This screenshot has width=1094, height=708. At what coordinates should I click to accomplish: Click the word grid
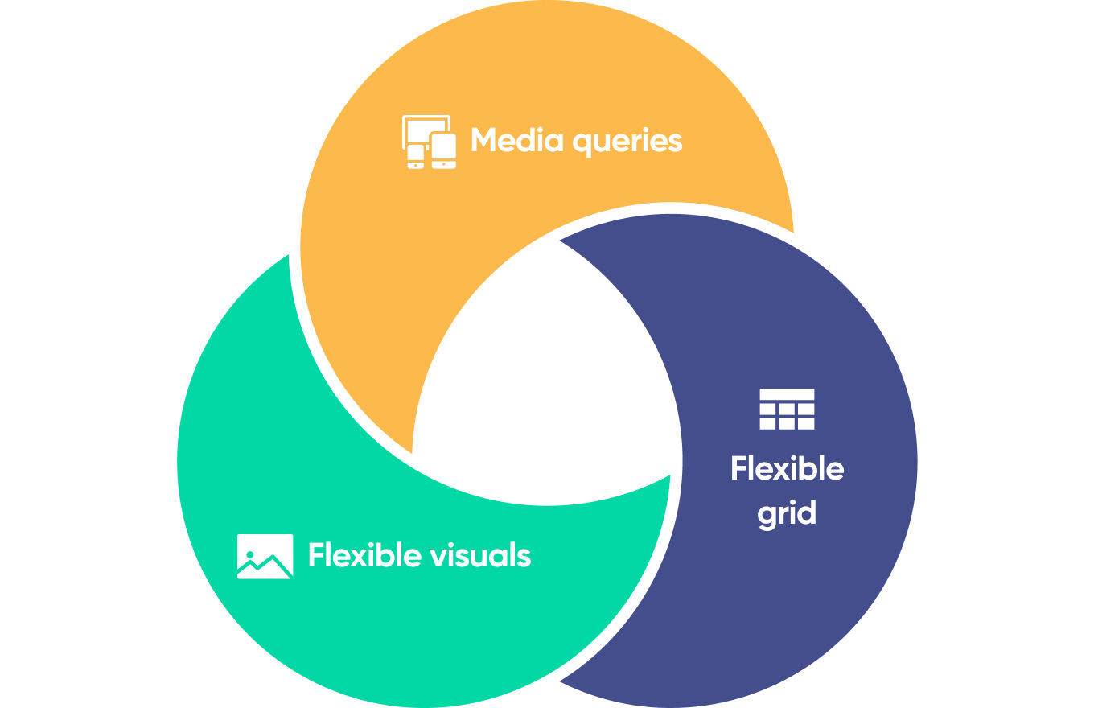787,512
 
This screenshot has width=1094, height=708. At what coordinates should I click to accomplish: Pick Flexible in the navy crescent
787,468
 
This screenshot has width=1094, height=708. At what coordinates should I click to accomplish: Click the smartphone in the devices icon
415,156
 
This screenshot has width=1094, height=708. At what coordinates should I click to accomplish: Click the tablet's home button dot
444,164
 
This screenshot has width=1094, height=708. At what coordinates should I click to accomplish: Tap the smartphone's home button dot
415,165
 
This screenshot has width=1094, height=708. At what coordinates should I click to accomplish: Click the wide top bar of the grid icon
787,394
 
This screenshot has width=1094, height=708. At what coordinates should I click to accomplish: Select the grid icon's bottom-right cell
806,423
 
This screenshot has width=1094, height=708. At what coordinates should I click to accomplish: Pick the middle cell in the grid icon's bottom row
787,423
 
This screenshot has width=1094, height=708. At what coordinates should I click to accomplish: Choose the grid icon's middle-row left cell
767,410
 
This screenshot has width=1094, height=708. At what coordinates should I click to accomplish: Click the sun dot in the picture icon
251,554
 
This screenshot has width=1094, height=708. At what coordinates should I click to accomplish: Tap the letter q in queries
582,145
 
